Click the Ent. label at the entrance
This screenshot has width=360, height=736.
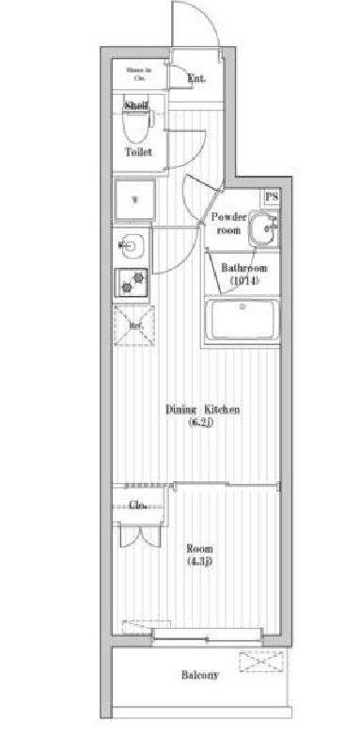(x=196, y=79)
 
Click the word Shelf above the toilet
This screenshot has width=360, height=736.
(x=137, y=106)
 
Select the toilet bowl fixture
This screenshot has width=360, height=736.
(x=139, y=129)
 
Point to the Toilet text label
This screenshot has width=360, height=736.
(x=139, y=151)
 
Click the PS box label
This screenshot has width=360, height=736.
(x=271, y=196)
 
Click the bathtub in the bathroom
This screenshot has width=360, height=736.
(x=243, y=321)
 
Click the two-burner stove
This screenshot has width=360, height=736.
(x=133, y=280)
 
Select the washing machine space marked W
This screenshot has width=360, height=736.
(x=133, y=199)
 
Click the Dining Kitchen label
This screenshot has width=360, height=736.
(x=203, y=409)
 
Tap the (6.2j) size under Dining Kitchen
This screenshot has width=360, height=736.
(x=203, y=423)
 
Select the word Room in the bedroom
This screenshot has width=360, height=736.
(x=199, y=548)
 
